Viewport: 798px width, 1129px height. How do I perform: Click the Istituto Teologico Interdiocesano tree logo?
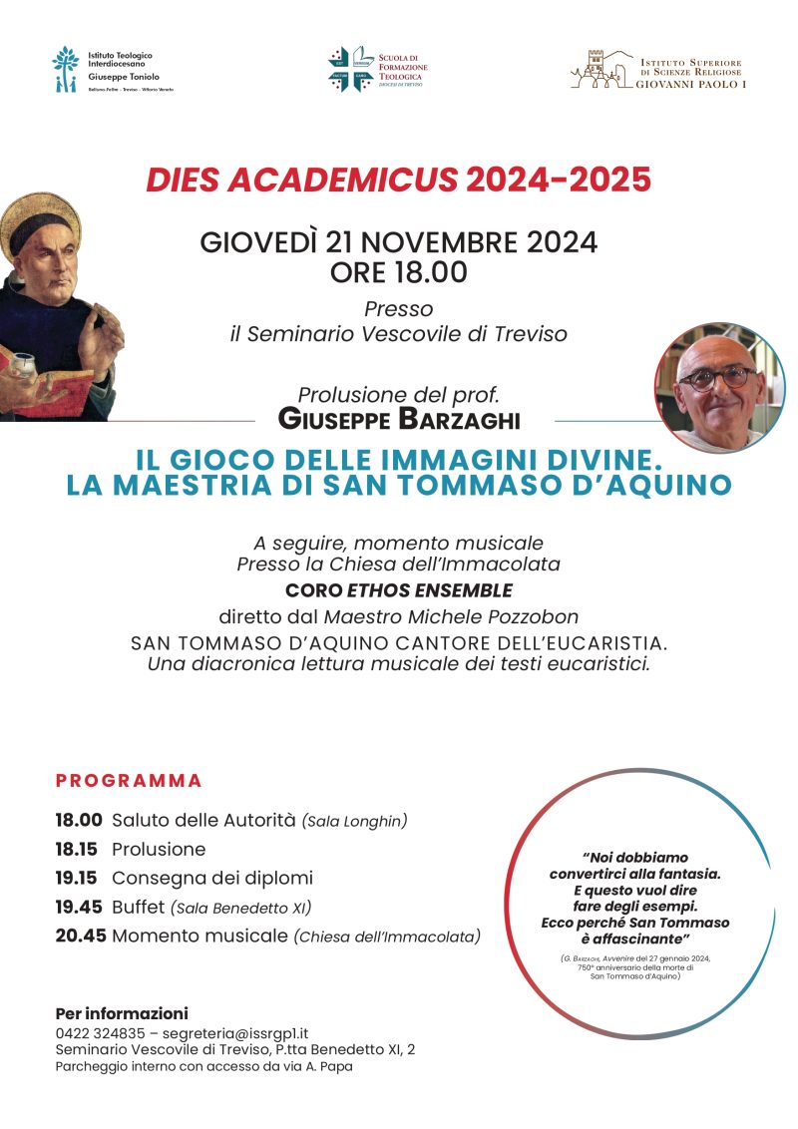pos(66,69)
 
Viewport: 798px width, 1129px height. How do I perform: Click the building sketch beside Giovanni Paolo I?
pos(601,68)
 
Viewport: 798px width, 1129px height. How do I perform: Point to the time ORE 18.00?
pos(399,271)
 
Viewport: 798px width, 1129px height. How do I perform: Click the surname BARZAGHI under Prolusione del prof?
pos(459,419)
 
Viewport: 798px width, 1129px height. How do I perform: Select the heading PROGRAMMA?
pos(129,780)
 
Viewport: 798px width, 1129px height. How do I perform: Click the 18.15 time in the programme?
pos(79,850)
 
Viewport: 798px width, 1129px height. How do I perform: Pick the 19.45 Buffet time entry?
pos(79,908)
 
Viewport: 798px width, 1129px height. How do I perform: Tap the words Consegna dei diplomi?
pos(212,879)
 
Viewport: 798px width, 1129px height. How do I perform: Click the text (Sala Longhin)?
pos(356,822)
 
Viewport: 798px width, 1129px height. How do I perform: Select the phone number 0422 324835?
pos(101,1033)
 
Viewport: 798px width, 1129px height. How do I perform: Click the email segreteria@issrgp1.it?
pos(238,1033)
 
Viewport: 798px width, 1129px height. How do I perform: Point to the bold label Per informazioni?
pos(122,1013)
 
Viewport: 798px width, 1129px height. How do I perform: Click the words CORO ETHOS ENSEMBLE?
pos(399,589)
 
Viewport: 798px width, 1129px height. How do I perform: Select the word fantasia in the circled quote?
pos(685,872)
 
